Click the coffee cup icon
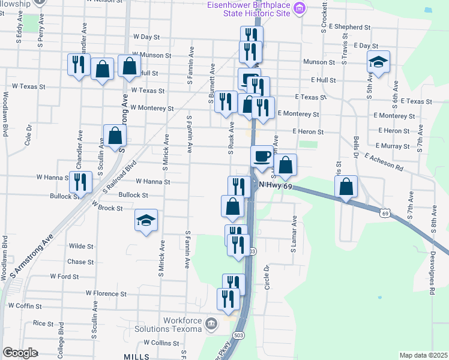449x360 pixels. click(x=261, y=157)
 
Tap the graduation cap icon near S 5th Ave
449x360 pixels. click(x=378, y=62)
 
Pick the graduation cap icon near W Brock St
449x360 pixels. click(x=146, y=220)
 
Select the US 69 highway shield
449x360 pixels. click(x=385, y=213)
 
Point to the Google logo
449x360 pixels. click(x=20, y=353)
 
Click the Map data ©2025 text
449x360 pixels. click(x=423, y=355)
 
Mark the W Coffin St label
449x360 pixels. click(x=28, y=305)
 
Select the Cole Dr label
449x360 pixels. click(x=28, y=136)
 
